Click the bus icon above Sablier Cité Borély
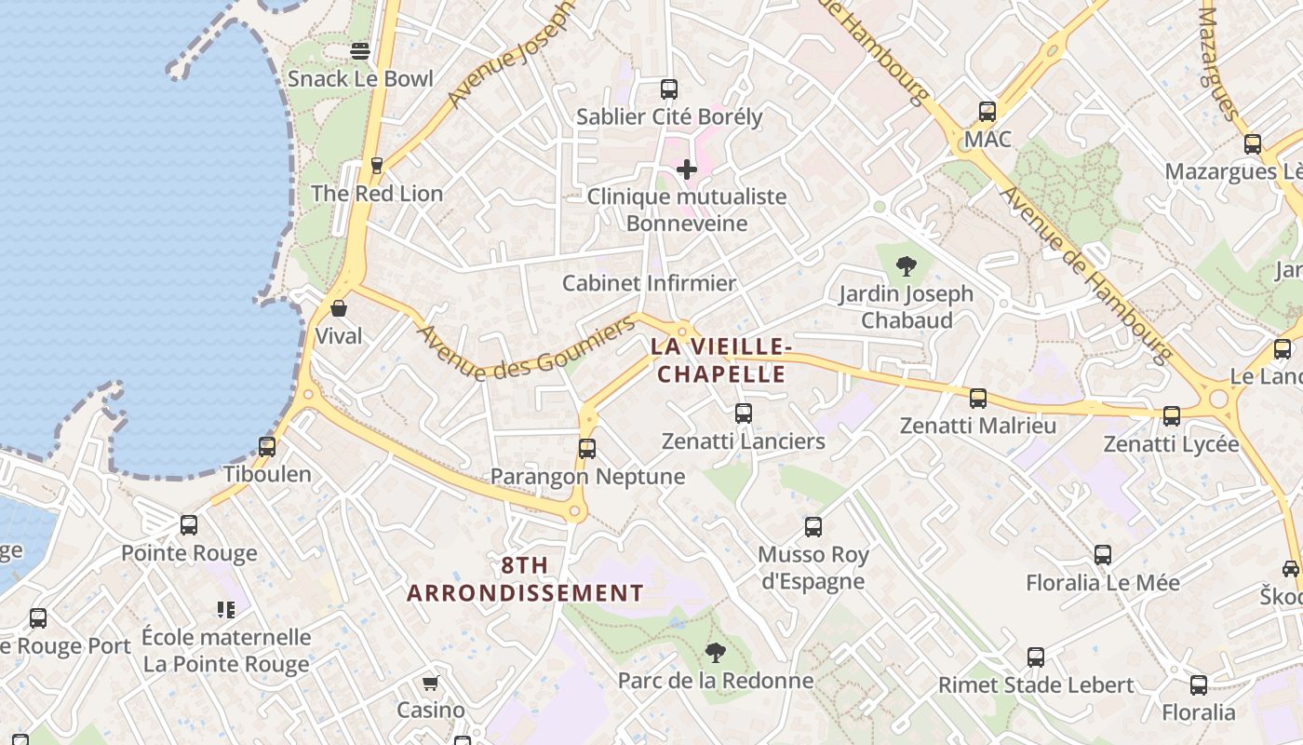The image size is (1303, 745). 668,89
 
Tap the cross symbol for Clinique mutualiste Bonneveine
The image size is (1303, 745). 687,169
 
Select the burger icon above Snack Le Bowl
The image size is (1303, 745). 360,51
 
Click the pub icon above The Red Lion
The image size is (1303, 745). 376,166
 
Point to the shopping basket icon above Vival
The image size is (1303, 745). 339,308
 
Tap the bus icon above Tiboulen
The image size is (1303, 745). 267,446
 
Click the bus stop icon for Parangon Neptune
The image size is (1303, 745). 586,449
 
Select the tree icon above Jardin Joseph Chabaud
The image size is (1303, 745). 906,266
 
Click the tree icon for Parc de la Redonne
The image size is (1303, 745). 715,653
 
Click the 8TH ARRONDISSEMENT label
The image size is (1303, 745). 525,578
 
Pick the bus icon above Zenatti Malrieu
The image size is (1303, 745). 977,399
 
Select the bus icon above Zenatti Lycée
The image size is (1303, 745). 1171,416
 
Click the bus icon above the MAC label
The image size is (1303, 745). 987,112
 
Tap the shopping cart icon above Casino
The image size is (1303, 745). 430,684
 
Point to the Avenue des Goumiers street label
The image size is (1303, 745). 526,348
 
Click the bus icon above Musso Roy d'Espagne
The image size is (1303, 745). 813,527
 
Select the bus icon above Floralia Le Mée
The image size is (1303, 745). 1102,555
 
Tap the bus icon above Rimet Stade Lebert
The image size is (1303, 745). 1035,657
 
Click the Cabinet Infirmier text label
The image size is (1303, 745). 649,283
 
